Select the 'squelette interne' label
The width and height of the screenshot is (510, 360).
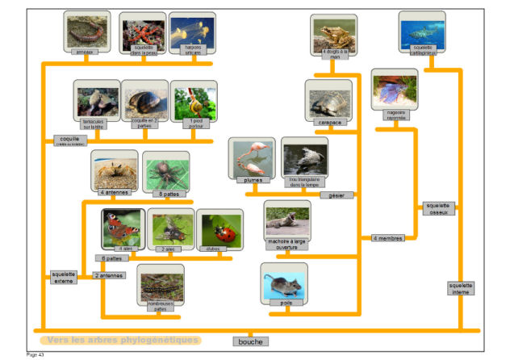click(x=460, y=288)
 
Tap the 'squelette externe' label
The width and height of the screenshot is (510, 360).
click(x=62, y=277)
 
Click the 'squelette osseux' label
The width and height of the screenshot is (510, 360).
click(x=441, y=208)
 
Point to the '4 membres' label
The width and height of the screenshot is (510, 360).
click(x=387, y=238)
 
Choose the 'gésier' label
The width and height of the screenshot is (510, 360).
click(x=336, y=195)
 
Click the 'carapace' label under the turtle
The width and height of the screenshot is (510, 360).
click(x=328, y=122)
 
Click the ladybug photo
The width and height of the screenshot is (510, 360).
click(x=219, y=228)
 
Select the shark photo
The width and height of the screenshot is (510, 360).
click(x=422, y=30)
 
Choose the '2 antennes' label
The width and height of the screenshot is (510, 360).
click(x=109, y=275)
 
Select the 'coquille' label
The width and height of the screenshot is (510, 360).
click(x=69, y=140)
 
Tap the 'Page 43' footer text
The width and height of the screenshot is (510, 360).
click(x=36, y=354)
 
